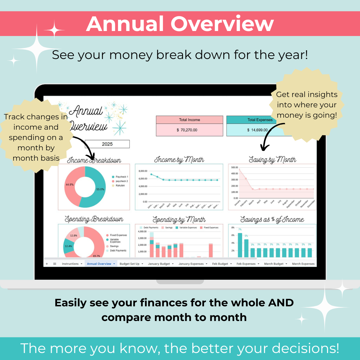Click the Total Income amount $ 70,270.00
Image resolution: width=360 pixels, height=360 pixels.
click(189, 130)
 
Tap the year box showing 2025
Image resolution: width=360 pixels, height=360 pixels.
click(107, 144)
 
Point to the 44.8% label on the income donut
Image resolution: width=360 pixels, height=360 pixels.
click(70, 184)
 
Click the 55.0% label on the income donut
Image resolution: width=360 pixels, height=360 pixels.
click(100, 189)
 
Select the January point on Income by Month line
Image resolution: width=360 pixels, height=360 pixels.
click(151, 174)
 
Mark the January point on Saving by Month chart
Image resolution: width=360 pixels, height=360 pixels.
click(239, 170)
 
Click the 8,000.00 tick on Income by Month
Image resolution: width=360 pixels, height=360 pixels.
click(143, 171)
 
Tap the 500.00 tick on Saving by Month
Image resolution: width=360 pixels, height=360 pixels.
click(234, 167)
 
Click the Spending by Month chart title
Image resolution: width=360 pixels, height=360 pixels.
click(179, 220)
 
